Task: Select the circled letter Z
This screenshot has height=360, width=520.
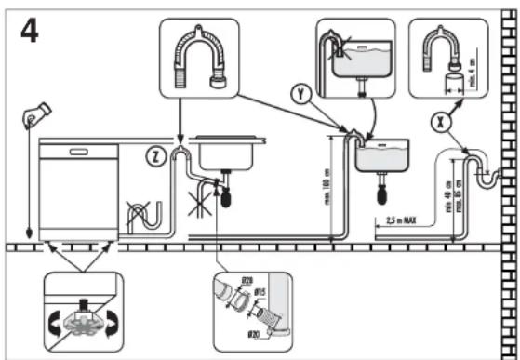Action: (157, 156)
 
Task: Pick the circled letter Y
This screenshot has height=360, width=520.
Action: (300, 94)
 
